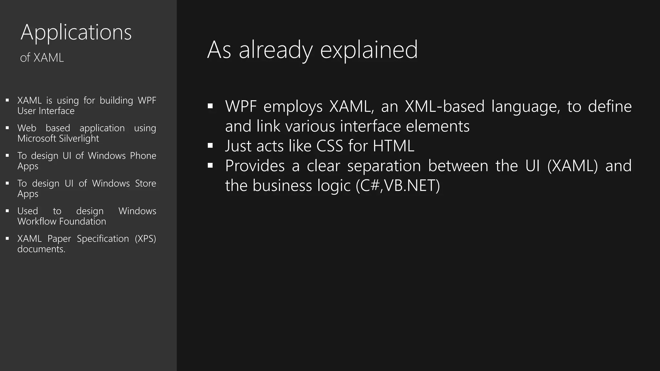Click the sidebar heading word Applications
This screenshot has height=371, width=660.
point(76,32)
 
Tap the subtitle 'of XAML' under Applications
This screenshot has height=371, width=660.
point(42,58)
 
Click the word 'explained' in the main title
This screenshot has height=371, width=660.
point(369,50)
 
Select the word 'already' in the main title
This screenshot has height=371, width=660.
point(276,50)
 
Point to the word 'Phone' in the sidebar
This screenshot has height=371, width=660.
point(143,156)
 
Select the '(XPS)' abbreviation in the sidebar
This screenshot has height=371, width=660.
point(145,239)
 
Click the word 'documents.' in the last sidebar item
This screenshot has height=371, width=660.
point(41,249)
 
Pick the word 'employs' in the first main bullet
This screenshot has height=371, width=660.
point(293,107)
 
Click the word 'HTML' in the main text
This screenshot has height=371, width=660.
point(393,146)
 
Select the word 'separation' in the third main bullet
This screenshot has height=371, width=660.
point(384,166)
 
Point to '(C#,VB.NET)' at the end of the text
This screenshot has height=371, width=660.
point(398,186)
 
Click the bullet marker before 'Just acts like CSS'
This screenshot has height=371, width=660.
point(210,146)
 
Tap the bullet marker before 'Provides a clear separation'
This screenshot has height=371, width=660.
point(210,166)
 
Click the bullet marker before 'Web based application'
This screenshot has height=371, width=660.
point(7,128)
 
